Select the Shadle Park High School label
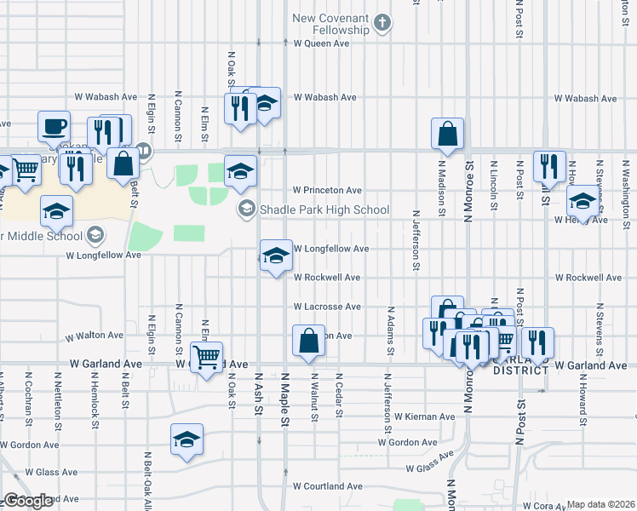tap(325, 210)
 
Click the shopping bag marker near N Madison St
tap(447, 134)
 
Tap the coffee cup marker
tap(55, 127)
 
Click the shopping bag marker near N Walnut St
tap(308, 341)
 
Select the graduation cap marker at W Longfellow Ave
tap(276, 255)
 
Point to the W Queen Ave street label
tap(322, 43)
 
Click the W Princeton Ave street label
tap(327, 190)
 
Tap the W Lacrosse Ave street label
tap(327, 306)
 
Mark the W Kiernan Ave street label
tap(424, 416)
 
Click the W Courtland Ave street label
tap(327, 486)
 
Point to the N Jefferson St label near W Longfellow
tap(416, 241)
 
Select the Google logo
tap(28, 501)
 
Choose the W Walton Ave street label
tap(100, 336)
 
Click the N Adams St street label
tap(390, 331)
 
